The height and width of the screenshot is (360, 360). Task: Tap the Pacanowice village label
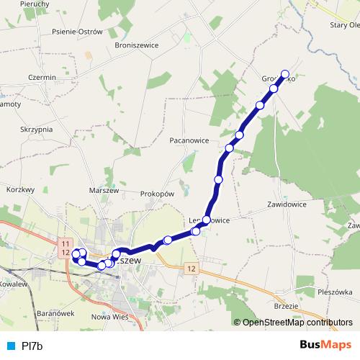[x=190, y=140]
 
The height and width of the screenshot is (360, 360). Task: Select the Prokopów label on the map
[x=158, y=194]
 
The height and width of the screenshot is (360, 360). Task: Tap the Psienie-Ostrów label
[x=78, y=32]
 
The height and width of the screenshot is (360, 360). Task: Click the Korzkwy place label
[x=20, y=189]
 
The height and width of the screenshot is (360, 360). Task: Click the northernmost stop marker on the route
[x=284, y=73]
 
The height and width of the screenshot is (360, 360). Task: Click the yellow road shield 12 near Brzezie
[x=189, y=268]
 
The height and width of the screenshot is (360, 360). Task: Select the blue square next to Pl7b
[x=10, y=346]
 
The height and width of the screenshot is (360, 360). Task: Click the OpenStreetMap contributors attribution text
[x=297, y=323]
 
